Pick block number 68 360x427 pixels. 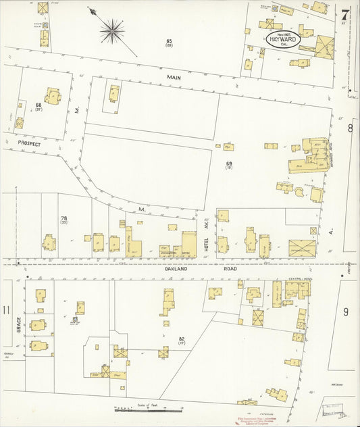tap(38, 106)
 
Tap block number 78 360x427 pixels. tap(63, 220)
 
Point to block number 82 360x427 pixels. tap(182, 340)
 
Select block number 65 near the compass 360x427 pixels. tap(170, 43)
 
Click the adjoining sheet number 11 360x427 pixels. tap(6, 310)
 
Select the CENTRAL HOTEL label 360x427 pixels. tap(299, 278)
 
